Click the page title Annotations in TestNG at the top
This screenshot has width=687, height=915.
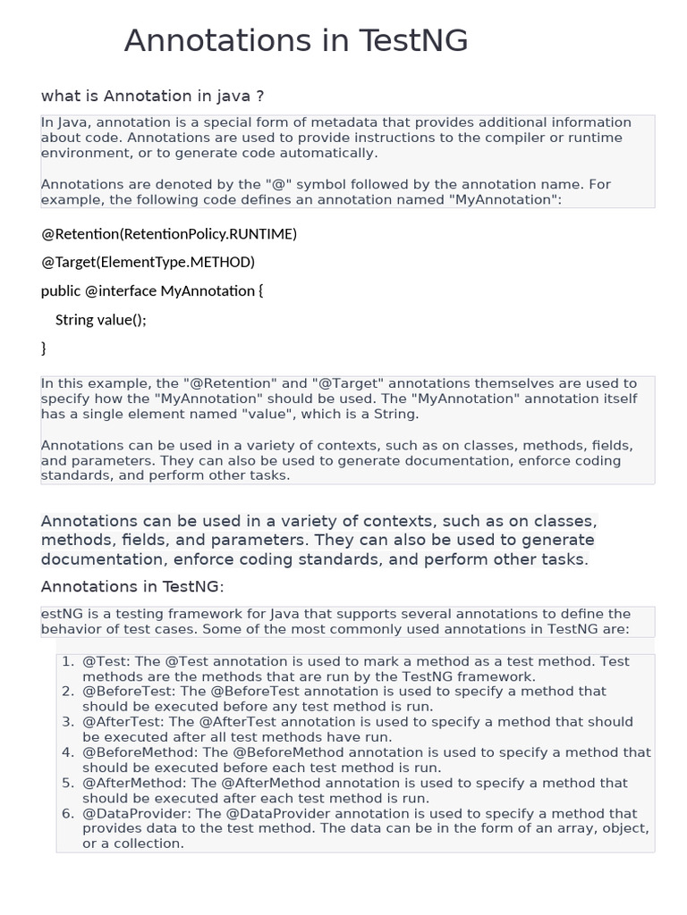click(x=295, y=41)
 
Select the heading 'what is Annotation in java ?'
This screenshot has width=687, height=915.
click(x=152, y=96)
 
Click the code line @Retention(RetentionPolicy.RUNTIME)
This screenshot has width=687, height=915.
click(x=169, y=234)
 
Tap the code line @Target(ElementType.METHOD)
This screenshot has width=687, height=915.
click(x=148, y=262)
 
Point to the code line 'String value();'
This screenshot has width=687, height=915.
click(x=100, y=320)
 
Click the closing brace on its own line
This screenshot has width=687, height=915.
click(x=44, y=348)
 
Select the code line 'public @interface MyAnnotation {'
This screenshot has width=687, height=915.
click(x=152, y=291)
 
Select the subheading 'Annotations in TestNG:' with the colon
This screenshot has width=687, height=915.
click(x=132, y=586)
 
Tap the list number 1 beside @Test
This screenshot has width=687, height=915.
click(x=67, y=661)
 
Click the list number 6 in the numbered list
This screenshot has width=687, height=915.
click(x=67, y=813)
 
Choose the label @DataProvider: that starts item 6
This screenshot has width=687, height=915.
click(x=137, y=813)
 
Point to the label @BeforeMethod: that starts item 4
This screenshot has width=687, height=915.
click(x=140, y=752)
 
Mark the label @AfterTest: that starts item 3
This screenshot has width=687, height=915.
click(x=123, y=722)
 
